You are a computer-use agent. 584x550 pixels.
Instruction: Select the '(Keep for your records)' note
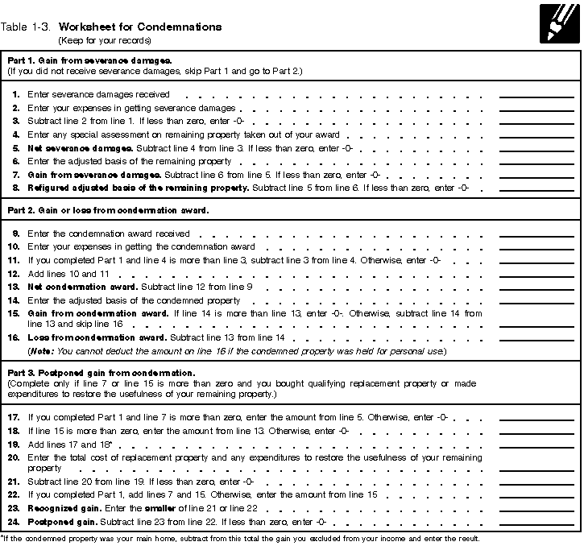point(104,40)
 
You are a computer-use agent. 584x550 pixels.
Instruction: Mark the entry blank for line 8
point(525,188)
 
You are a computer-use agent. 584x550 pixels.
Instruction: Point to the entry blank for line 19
point(525,445)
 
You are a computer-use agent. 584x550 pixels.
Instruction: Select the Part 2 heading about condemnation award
point(108,212)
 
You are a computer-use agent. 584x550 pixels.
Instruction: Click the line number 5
point(16,149)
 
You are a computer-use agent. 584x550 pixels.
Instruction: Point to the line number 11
point(14,260)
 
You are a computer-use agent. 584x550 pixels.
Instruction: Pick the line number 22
point(14,494)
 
